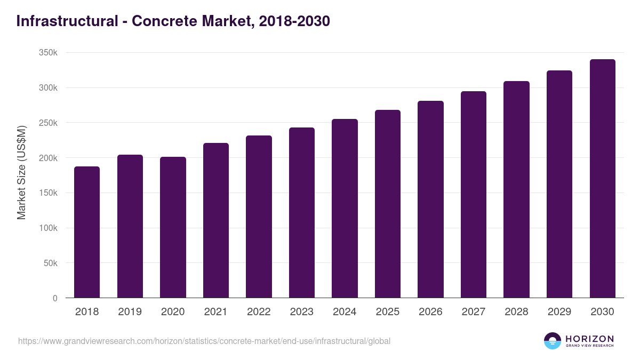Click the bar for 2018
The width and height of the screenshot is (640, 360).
coord(87,232)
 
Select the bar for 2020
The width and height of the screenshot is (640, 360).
coord(173,227)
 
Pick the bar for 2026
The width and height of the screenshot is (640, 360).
coord(430,199)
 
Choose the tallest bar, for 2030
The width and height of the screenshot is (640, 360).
coord(602,178)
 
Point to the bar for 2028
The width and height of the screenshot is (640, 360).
coord(516,189)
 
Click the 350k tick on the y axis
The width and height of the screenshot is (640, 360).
coord(48,53)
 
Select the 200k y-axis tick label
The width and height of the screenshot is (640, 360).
coord(48,158)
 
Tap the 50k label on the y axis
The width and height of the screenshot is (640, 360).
coord(50,263)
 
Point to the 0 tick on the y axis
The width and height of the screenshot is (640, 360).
coord(55,298)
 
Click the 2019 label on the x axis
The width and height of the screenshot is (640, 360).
coord(130,312)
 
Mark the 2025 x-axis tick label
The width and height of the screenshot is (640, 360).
coord(387,312)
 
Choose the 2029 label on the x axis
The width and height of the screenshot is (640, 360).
coord(559,312)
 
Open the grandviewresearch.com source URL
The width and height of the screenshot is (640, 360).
coord(204,341)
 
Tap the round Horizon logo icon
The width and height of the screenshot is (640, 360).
coord(553,341)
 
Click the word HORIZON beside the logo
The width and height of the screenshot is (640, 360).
coord(589,338)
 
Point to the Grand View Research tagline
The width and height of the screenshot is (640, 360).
coord(589,346)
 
